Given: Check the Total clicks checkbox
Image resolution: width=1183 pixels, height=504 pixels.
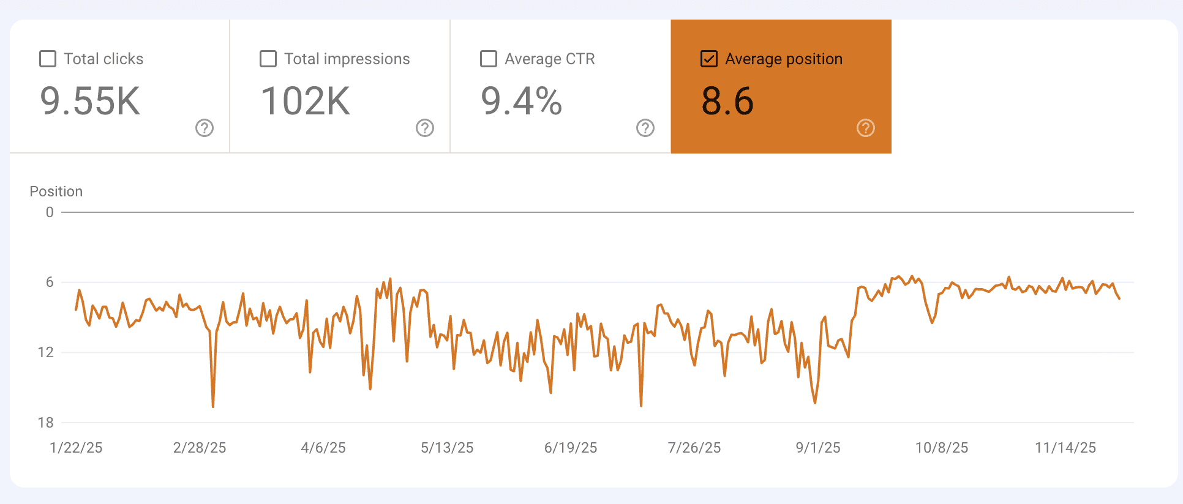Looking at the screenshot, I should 48,59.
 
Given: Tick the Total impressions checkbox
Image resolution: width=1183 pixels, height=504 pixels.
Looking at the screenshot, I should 268,59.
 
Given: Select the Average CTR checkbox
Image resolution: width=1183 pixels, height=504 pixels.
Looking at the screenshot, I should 489,59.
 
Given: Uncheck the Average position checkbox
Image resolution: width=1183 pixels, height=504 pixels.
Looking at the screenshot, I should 709,59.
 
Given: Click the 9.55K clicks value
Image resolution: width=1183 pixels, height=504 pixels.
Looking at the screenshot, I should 90,101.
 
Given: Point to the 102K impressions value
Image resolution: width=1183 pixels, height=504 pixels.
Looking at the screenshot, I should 306,101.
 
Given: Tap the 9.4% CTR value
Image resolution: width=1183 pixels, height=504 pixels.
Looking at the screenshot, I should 521,101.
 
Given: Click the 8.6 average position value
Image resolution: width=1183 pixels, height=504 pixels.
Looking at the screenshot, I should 727,101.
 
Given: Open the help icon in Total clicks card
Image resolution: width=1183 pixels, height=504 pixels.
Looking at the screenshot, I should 205,128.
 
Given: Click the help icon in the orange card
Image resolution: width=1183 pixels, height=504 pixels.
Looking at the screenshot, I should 866,128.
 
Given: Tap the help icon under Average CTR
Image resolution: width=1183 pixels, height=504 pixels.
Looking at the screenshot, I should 645,128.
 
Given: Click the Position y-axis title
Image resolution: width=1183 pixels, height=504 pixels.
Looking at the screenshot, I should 56,191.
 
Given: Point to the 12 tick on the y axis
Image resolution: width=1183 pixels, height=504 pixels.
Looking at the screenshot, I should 46,352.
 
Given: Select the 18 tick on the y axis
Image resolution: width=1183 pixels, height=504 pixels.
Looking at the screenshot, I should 46,423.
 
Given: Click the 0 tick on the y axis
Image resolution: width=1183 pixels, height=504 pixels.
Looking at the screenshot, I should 50,212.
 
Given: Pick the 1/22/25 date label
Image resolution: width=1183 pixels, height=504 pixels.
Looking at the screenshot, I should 76,448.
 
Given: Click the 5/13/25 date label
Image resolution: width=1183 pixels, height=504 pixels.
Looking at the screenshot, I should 447,448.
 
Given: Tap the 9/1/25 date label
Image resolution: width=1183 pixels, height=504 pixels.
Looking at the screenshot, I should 818,448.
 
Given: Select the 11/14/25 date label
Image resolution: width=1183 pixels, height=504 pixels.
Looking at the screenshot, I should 1065,448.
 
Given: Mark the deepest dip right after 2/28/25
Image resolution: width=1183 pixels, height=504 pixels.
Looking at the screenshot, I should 213,406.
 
